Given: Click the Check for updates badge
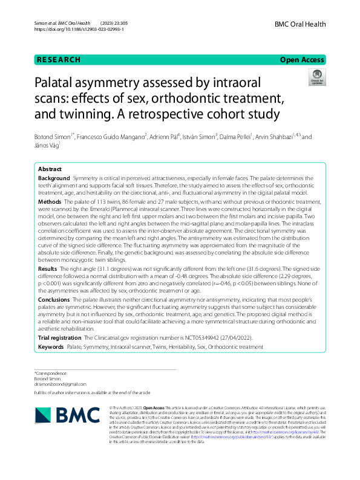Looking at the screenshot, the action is tap(316, 79).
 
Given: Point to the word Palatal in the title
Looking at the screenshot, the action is tap(65, 83).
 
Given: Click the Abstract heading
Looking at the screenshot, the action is tap(50, 170).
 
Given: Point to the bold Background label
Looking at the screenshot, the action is tap(53, 180).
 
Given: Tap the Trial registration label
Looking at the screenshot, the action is tap(59, 337).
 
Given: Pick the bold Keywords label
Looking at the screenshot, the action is tap(50, 347).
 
